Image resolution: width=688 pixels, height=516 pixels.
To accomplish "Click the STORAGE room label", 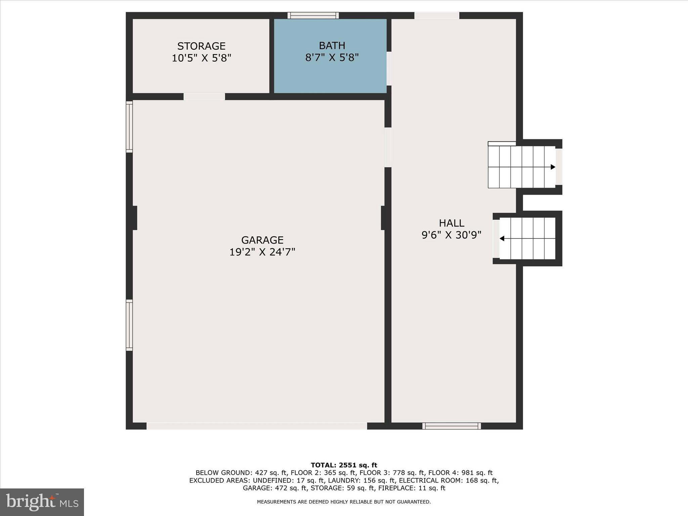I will coord(201,46).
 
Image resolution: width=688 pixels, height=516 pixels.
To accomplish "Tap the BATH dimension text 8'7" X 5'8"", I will coord(332,58).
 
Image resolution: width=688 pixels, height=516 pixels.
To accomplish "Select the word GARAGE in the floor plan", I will coord(262,240).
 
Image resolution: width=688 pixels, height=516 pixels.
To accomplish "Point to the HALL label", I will coord(451,223).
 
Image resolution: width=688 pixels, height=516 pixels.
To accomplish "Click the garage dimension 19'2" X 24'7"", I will coord(262,252).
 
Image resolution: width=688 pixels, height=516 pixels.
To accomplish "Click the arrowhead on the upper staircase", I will coord(553,167).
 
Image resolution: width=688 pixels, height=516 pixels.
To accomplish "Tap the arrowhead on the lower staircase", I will coord(502,239).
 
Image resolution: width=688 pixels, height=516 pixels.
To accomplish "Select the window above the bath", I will coord(313,15).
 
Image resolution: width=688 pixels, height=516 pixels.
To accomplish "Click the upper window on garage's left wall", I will coord(129,127).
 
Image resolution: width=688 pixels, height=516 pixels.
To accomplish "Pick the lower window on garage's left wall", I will coord(129,325).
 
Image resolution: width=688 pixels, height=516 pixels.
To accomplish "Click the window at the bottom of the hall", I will coord(451,426).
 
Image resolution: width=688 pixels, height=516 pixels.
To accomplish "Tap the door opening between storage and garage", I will coord(204,97).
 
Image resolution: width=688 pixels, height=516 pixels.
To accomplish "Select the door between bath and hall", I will coord(389,69).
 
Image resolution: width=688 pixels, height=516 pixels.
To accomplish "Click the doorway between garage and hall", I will coord(388,147).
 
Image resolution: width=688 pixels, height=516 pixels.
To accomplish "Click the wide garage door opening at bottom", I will coord(257,426).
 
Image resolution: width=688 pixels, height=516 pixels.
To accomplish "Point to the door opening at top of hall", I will coord(436,15).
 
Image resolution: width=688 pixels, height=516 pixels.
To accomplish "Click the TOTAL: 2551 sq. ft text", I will coord(344,465).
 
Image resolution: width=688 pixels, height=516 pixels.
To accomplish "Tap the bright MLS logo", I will coord(42,502).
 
